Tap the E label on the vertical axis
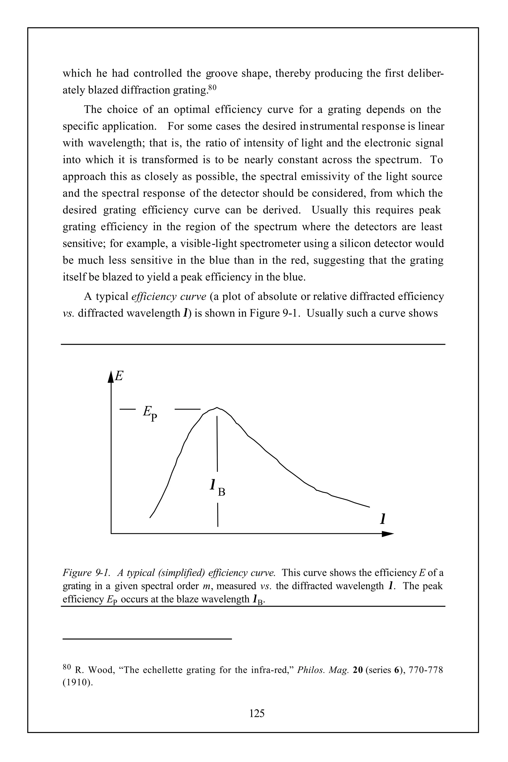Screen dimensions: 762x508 point(120,376)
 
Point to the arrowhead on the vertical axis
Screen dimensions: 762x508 point(111,377)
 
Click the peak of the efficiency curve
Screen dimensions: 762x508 point(217,408)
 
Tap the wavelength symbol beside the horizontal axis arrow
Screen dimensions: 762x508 point(383,519)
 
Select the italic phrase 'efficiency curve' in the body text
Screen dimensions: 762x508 point(169,296)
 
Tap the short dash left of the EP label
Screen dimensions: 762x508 point(127,410)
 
